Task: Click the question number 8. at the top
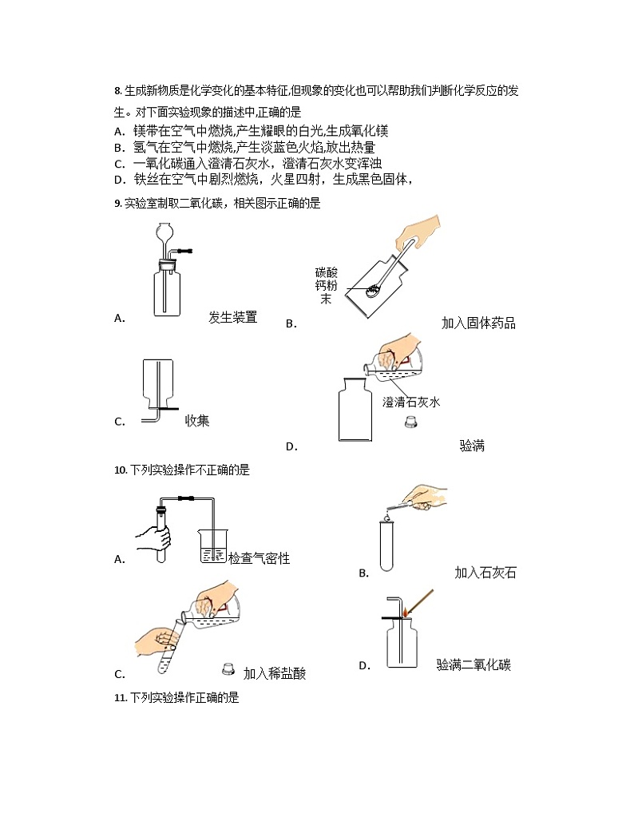coord(119,91)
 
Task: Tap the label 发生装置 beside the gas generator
coord(232,317)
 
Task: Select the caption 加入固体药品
coord(478,323)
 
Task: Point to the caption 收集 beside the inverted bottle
coord(197,420)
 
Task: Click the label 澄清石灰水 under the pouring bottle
coord(411,402)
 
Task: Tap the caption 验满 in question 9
coord(472,446)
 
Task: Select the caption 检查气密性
coord(260,558)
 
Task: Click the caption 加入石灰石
coord(485,572)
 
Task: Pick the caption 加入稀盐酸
coord(275,673)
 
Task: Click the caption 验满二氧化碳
coord(474,664)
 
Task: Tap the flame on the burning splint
coord(406,612)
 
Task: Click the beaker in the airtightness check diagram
coord(212,546)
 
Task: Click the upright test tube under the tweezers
coord(387,545)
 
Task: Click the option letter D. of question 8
coord(119,179)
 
